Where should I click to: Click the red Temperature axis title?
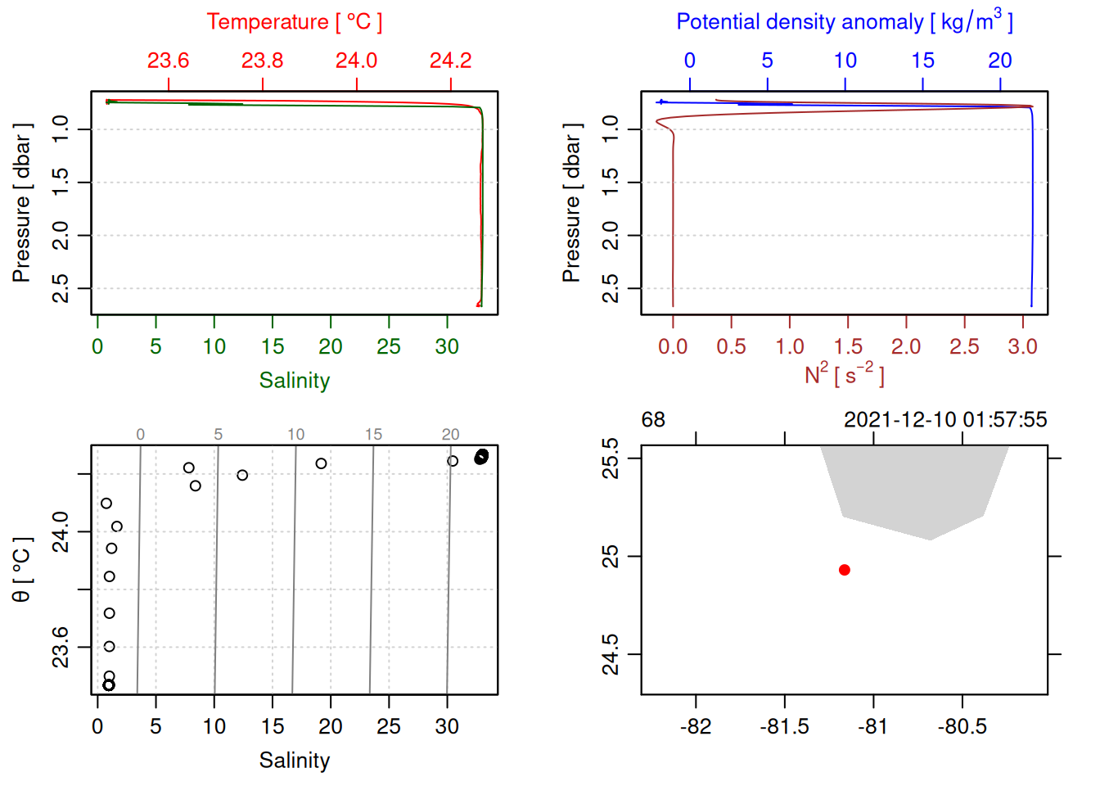[x=294, y=22]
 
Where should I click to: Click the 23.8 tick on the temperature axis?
[x=262, y=61]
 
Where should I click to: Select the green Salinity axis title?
[x=294, y=381]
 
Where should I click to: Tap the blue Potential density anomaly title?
[x=844, y=21]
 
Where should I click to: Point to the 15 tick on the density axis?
[x=922, y=61]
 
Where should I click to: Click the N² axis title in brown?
[x=844, y=375]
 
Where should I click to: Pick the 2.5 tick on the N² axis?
[x=964, y=347]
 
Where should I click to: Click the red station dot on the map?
[x=845, y=570]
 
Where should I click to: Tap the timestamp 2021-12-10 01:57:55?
[x=945, y=420]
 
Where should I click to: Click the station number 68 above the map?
[x=653, y=420]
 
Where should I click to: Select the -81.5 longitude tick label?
[x=784, y=727]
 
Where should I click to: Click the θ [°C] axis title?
[x=22, y=570]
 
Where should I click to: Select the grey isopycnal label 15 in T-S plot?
[x=373, y=435]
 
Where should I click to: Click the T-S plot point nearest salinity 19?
[x=321, y=463]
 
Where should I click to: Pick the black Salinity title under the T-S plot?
[x=294, y=761]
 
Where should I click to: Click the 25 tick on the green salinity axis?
[x=389, y=347]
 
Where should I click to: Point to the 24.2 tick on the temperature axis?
[x=450, y=61]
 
